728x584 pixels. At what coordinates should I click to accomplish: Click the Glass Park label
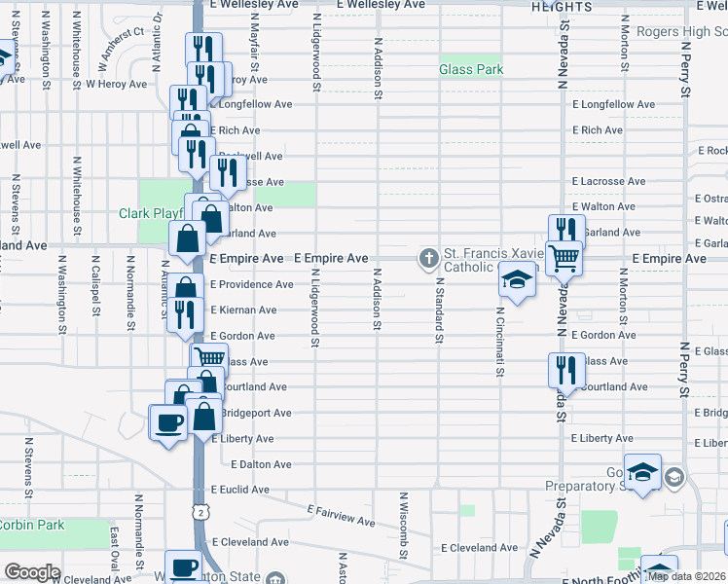click(471, 70)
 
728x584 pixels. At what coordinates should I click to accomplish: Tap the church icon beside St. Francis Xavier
click(427, 258)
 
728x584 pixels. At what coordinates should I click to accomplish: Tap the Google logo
click(32, 572)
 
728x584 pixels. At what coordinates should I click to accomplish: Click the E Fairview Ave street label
click(341, 516)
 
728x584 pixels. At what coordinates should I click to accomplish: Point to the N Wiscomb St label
click(401, 526)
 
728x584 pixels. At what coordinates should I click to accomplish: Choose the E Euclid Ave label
click(239, 490)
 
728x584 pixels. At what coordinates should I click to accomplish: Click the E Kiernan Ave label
click(243, 310)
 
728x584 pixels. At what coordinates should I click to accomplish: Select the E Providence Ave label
click(251, 284)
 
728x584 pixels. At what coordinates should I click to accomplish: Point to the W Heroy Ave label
click(116, 85)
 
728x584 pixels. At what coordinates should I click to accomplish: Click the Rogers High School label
click(681, 32)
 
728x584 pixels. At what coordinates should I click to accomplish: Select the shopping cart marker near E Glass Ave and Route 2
click(208, 357)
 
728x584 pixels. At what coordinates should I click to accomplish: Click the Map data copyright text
click(686, 575)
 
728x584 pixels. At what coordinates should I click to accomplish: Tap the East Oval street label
click(115, 550)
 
